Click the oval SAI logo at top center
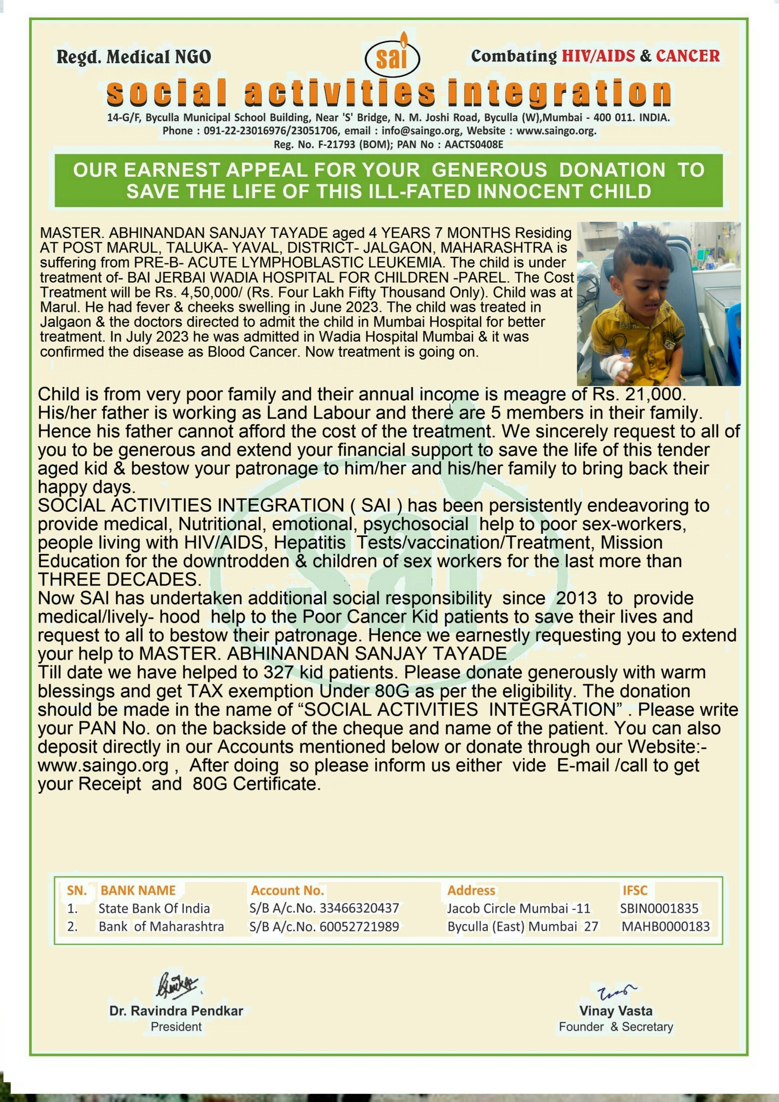(x=392, y=57)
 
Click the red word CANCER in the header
(x=687, y=56)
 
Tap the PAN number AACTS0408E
(x=474, y=145)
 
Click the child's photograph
(x=658, y=303)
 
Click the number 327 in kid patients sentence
(x=279, y=672)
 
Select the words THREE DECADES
(x=120, y=579)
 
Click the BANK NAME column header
(x=138, y=890)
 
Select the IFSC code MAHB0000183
(x=665, y=926)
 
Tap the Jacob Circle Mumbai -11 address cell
(x=518, y=908)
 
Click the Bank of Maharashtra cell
(x=161, y=926)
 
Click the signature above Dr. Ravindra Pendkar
(x=176, y=985)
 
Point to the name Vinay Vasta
(x=615, y=1010)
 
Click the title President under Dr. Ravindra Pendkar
(x=176, y=1027)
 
